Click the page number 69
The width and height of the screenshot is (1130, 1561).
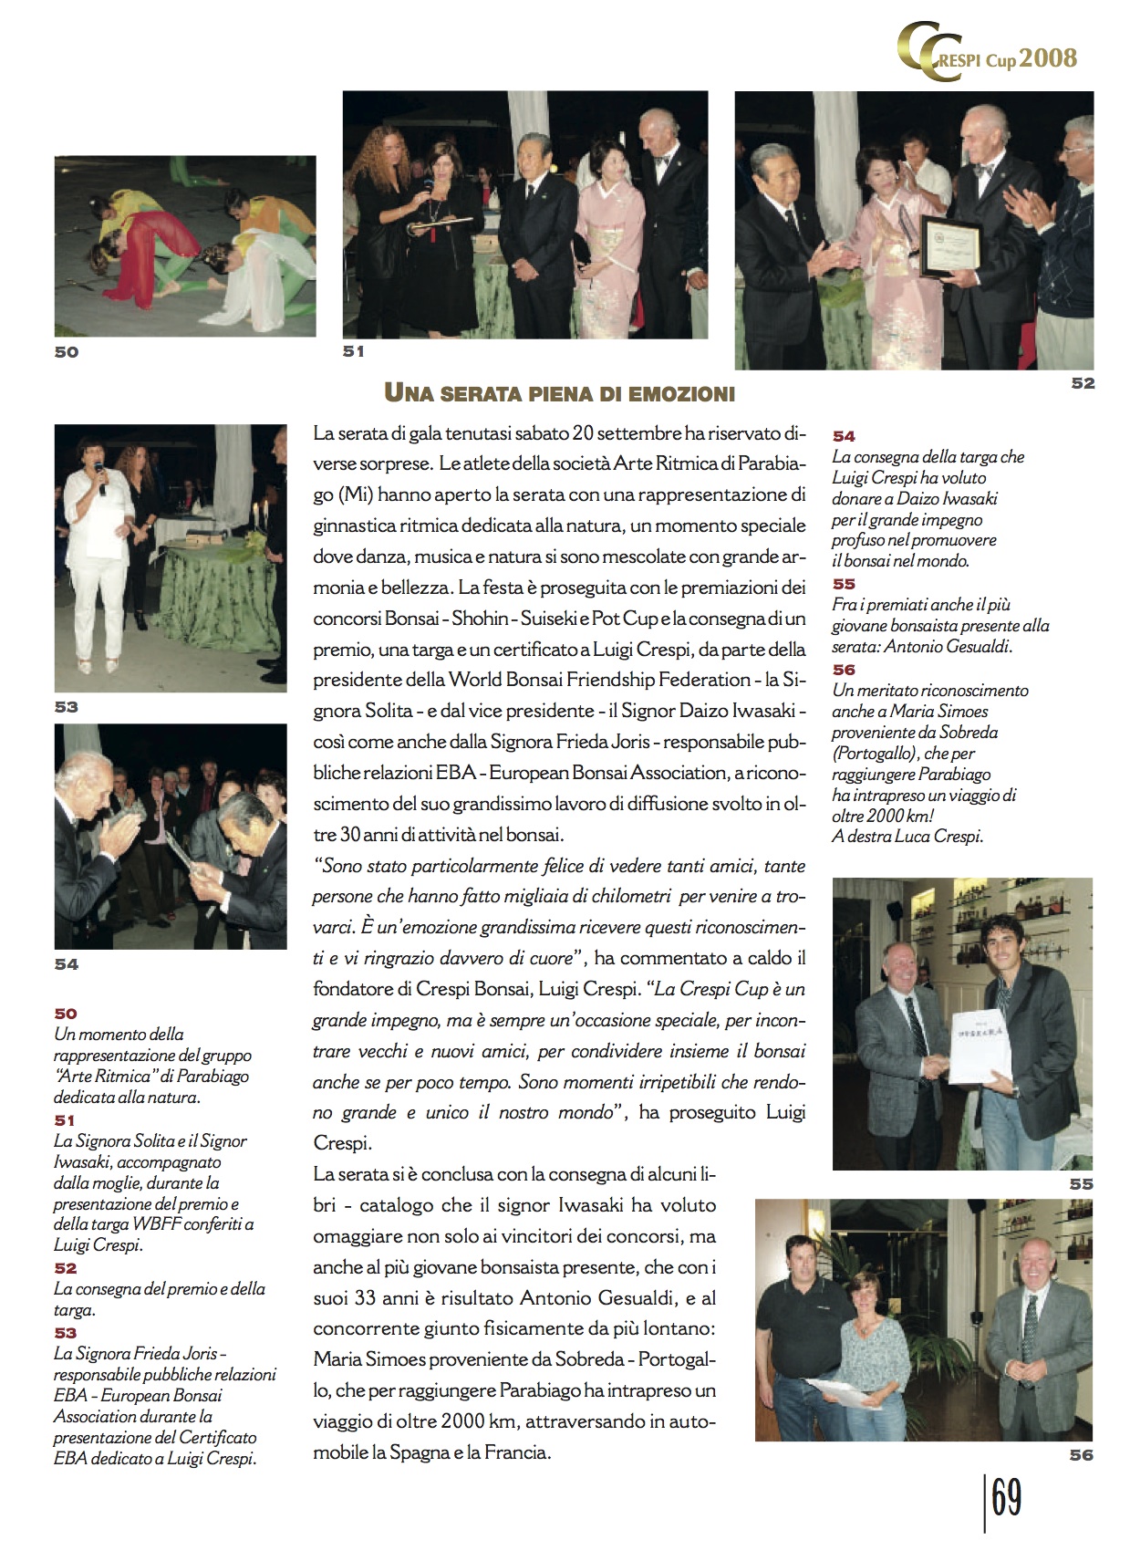[x=1006, y=1498]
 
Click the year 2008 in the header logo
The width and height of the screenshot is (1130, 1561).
[x=1048, y=58]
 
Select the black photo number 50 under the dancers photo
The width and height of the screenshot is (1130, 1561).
[x=67, y=352]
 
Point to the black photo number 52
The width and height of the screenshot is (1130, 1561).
[x=1083, y=383]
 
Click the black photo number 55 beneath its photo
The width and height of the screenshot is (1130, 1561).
[x=1081, y=1183]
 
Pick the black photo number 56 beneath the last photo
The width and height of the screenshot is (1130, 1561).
[x=1081, y=1455]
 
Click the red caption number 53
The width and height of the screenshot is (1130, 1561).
[x=66, y=1333]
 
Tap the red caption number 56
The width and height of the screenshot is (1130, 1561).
[x=844, y=670]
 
